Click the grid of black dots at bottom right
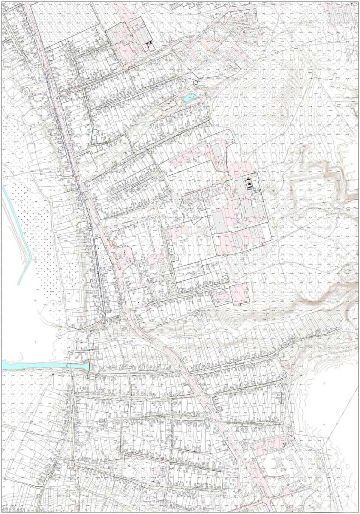click(286, 444)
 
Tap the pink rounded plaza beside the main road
click(124, 257)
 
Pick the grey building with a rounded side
click(236, 240)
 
